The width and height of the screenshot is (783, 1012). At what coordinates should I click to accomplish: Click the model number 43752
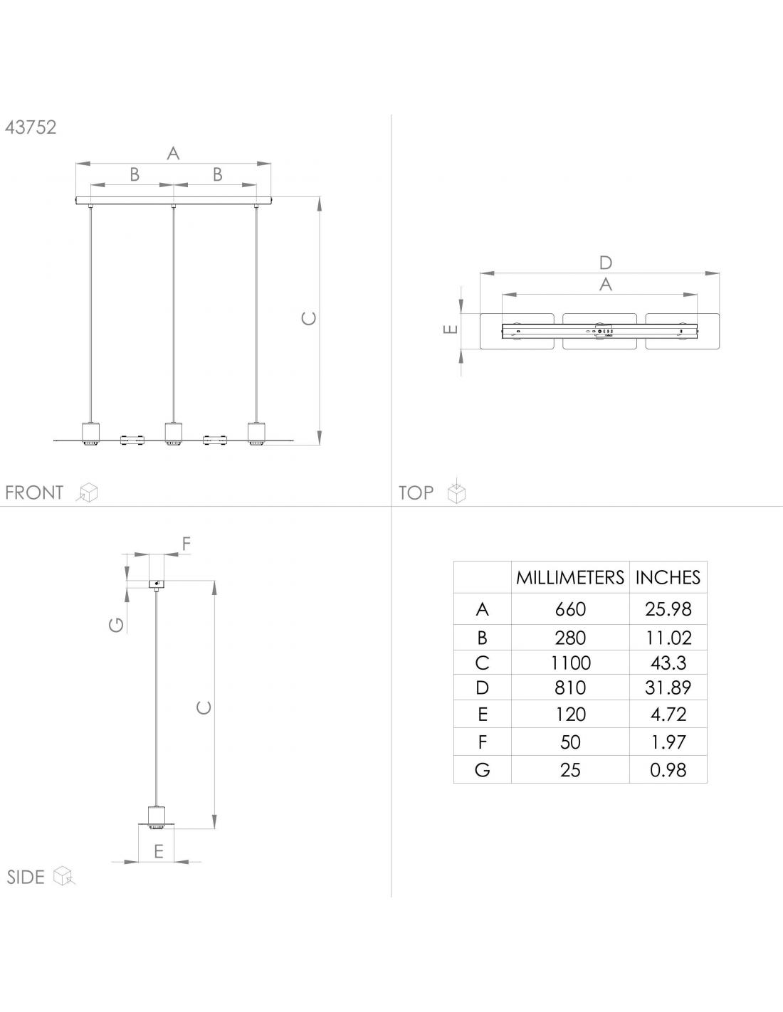click(31, 127)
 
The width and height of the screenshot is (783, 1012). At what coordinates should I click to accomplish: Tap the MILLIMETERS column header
click(570, 577)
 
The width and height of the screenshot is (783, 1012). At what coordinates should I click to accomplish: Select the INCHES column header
click(668, 577)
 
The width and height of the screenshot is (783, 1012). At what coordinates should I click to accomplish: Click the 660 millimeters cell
click(570, 609)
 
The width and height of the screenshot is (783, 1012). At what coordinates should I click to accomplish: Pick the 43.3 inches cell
click(668, 663)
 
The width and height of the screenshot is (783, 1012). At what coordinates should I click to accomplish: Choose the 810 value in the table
click(570, 688)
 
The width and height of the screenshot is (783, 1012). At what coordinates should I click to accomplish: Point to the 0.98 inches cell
click(668, 770)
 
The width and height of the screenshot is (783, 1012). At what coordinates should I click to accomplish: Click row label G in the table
click(483, 770)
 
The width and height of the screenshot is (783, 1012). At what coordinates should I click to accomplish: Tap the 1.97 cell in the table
click(668, 742)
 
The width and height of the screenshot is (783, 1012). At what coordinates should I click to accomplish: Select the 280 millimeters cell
click(570, 638)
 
